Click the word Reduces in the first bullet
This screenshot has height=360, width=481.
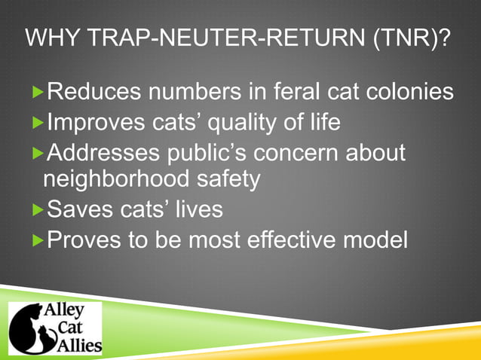(93, 93)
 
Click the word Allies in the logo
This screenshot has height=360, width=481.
(78, 343)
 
